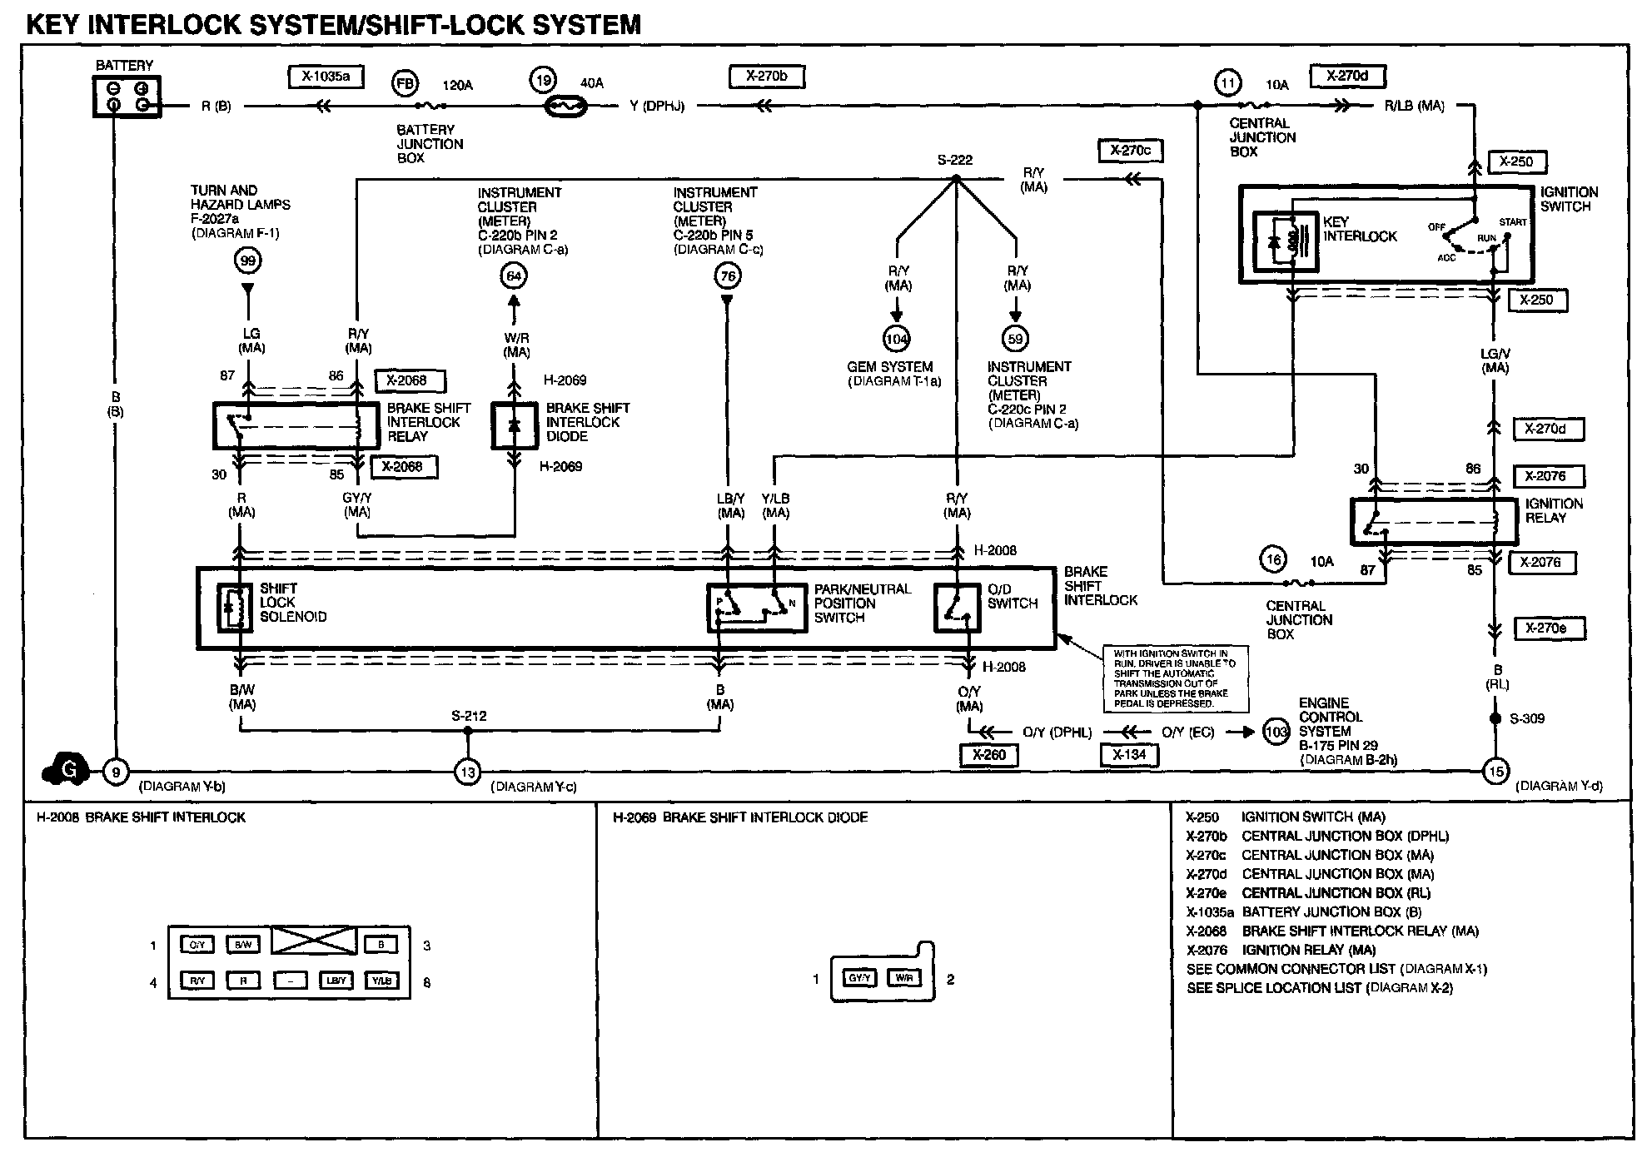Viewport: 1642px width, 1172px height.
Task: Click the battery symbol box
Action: click(x=127, y=97)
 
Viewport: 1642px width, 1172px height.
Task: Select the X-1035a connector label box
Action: click(x=326, y=77)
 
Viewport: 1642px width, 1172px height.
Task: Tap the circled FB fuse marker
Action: click(x=406, y=84)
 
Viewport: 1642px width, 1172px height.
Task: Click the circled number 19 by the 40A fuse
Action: click(x=543, y=81)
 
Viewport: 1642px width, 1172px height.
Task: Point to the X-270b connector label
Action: click(x=766, y=77)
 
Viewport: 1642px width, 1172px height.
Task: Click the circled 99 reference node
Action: click(x=247, y=261)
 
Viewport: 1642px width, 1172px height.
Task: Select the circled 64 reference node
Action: click(x=514, y=276)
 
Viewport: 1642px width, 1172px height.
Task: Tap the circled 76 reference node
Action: click(x=728, y=276)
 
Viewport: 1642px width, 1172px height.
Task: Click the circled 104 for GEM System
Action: click(x=897, y=339)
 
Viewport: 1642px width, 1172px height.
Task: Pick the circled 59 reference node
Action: click(x=1015, y=339)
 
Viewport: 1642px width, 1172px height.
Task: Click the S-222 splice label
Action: click(x=955, y=160)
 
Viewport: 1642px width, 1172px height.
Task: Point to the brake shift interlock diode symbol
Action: click(x=514, y=425)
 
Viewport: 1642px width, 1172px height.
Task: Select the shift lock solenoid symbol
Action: click(x=235, y=608)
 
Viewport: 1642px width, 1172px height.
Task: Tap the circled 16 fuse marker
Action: click(x=1273, y=560)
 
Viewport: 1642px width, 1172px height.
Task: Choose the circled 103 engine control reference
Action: click(x=1276, y=732)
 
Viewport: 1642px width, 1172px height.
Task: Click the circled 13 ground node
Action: click(x=468, y=773)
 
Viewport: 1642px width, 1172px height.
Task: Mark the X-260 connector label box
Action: click(x=988, y=755)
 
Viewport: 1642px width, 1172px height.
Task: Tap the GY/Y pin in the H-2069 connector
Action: click(x=858, y=978)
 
